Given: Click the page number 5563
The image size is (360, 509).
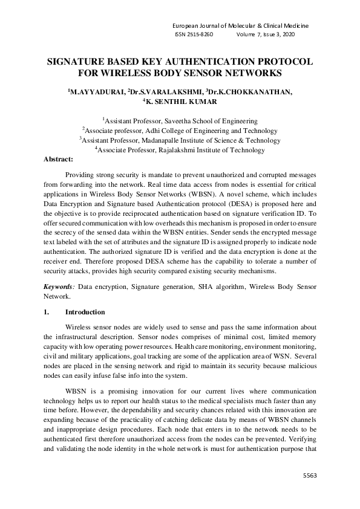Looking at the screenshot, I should (x=309, y=476).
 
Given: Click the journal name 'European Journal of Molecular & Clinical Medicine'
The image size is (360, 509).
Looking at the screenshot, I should (x=241, y=26).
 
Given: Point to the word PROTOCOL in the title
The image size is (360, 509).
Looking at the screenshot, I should (x=278, y=62).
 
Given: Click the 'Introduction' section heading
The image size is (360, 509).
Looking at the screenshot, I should (x=85, y=312).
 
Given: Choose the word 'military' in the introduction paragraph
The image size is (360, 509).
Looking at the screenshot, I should (x=77, y=357).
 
